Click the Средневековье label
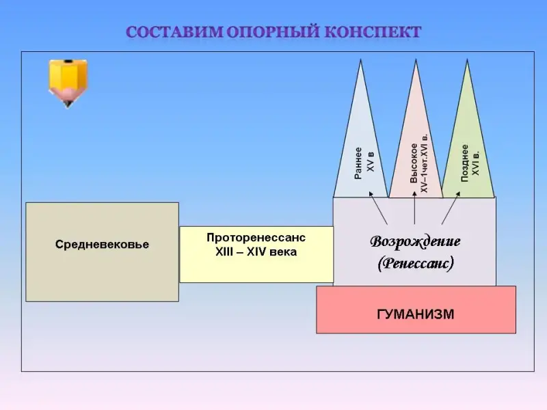click(x=102, y=245)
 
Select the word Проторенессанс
click(x=256, y=237)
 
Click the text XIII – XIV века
click(x=256, y=251)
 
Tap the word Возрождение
click(x=415, y=241)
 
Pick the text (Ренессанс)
click(x=415, y=263)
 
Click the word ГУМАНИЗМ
click(x=416, y=314)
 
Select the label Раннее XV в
click(x=366, y=163)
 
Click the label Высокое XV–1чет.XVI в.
click(x=419, y=161)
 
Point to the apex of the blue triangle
click(x=360, y=60)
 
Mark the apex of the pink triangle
click(x=415, y=60)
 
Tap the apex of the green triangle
click(x=468, y=60)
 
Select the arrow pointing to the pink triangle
click(x=416, y=209)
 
